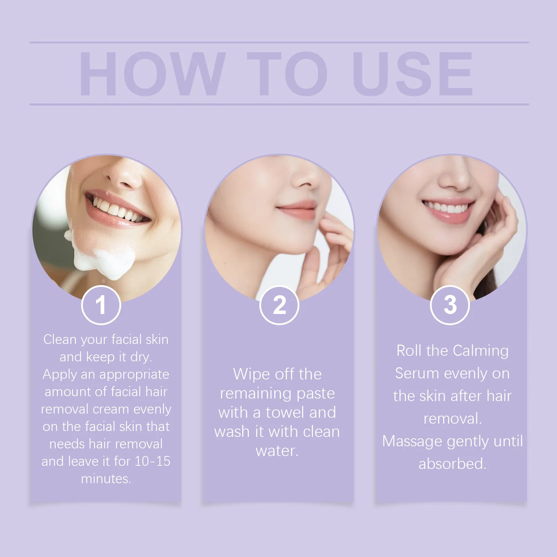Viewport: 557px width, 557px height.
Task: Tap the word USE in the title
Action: [413, 74]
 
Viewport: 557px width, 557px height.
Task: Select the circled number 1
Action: [101, 305]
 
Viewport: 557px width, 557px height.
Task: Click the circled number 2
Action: [279, 305]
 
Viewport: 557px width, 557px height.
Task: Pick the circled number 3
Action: [450, 305]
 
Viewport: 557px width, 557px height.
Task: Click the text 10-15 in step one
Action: [152, 461]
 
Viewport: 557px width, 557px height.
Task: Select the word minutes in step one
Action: [106, 479]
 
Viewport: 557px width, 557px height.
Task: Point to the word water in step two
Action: [277, 451]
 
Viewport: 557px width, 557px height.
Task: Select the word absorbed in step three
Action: [452, 464]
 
